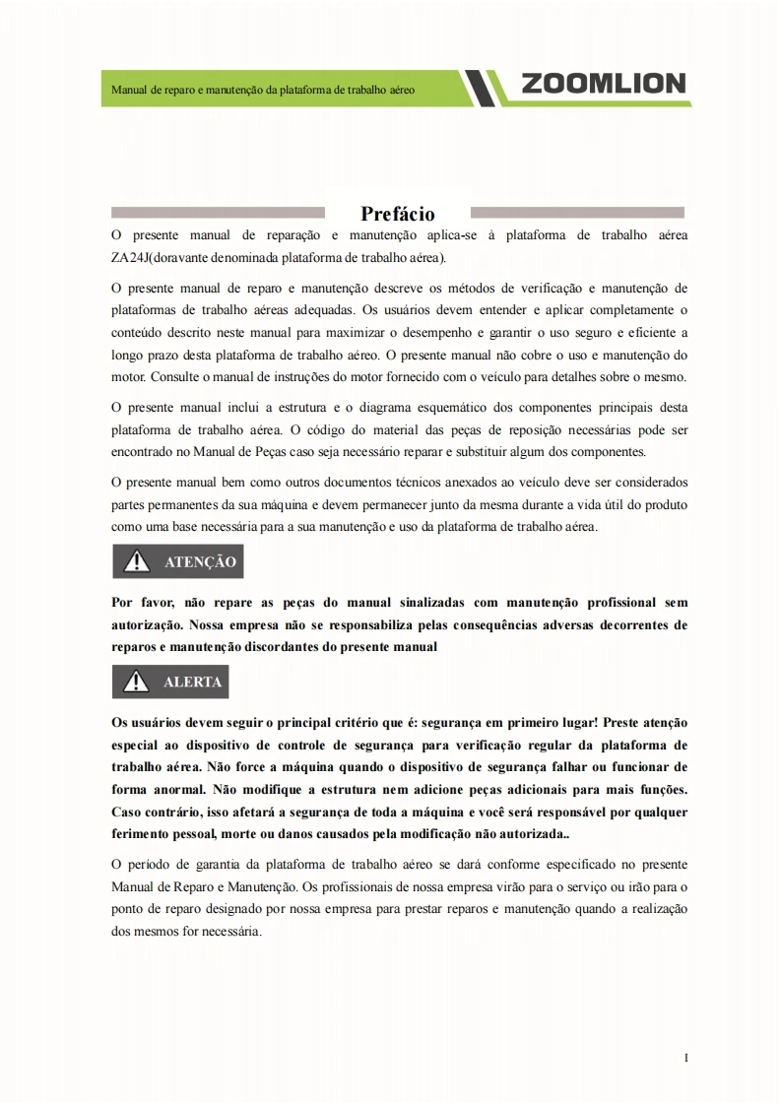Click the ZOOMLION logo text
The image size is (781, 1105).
603,84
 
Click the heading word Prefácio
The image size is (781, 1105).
397,214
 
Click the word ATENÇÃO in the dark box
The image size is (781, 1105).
200,562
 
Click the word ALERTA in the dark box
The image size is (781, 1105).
192,682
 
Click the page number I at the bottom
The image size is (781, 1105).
685,1058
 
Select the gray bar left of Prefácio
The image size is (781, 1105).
218,212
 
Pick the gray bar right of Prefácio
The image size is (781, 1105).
577,212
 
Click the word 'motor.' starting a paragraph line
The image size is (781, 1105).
128,377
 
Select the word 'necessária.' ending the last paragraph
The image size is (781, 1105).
229,931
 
